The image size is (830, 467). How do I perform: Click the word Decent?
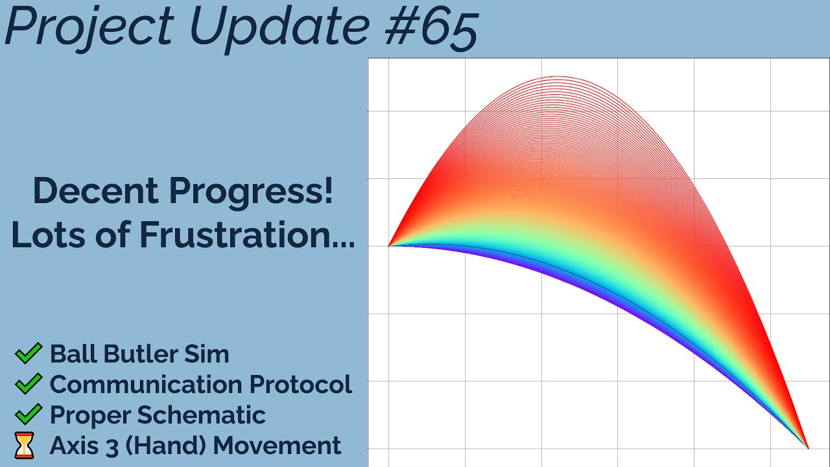96,191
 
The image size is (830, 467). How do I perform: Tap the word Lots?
48,234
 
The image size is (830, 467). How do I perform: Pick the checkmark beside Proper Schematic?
29,414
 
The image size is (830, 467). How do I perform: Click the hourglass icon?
25,445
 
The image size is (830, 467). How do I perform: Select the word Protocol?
300,384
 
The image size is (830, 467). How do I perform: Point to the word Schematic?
202,414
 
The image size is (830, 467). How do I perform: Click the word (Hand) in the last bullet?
166,446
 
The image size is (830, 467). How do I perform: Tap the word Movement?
277,445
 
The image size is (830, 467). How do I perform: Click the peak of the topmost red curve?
558,77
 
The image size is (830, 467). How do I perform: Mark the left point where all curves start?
388,246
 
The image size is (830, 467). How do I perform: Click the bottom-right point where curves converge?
809,448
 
